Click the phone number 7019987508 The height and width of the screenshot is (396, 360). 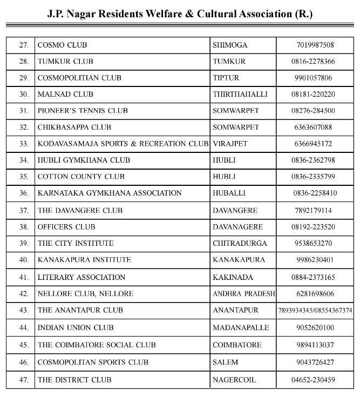point(315,45)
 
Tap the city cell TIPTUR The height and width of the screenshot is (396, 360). point(226,78)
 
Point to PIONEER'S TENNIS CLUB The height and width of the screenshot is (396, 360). point(83,111)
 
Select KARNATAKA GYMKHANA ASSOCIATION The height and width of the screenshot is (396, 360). point(110,193)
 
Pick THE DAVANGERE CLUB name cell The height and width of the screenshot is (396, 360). point(80,210)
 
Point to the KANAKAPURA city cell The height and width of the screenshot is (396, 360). point(239,260)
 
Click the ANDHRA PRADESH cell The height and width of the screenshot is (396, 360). point(244,294)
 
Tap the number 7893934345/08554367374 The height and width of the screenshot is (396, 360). point(315,311)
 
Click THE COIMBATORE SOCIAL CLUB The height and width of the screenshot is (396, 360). point(97,345)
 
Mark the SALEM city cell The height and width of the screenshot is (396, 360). point(225,362)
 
